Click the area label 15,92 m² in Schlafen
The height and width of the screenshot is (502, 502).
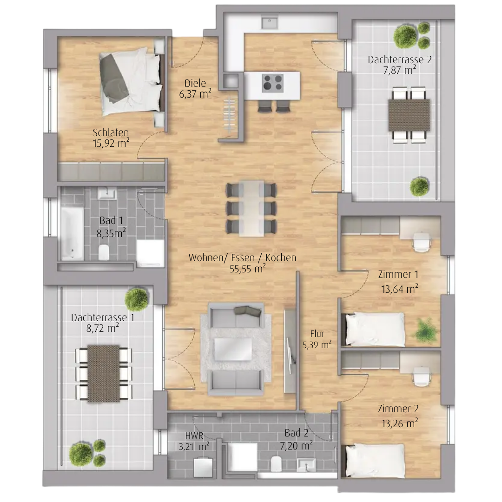pyautogui.click(x=111, y=143)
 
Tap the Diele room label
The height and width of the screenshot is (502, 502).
pyautogui.click(x=195, y=83)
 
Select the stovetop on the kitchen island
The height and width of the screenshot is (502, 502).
pyautogui.click(x=272, y=83)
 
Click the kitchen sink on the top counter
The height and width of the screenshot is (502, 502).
pyautogui.click(x=270, y=23)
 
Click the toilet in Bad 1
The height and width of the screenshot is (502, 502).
pyautogui.click(x=104, y=252)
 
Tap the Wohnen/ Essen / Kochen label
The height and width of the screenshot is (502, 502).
pyautogui.click(x=242, y=258)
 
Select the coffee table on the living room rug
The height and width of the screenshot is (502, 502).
pyautogui.click(x=233, y=350)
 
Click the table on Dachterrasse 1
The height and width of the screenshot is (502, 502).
pyautogui.click(x=103, y=373)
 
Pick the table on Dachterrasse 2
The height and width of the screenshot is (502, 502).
pyautogui.click(x=409, y=115)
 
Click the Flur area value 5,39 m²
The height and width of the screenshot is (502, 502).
pyautogui.click(x=317, y=345)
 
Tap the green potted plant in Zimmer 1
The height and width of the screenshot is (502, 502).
pyautogui.click(x=426, y=330)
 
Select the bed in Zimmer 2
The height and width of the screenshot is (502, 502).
pyautogui.click(x=375, y=461)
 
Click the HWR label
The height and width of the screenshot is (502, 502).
pyautogui.click(x=194, y=436)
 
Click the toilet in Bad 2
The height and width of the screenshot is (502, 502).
pyautogui.click(x=276, y=463)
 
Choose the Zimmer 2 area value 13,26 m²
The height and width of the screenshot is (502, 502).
pyautogui.click(x=400, y=423)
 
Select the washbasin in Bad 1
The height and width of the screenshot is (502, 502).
pyautogui.click(x=107, y=194)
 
